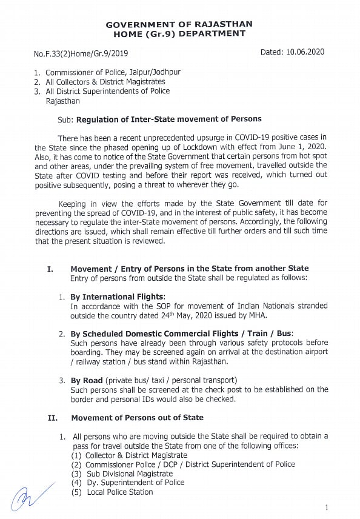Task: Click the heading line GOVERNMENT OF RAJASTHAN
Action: point(179,24)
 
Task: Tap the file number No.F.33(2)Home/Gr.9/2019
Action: point(81,53)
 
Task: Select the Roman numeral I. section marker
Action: point(50,269)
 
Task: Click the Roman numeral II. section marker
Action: point(52,418)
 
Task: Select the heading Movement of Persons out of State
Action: point(137,418)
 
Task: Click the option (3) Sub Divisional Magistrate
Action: point(122,474)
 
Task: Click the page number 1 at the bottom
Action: point(327,507)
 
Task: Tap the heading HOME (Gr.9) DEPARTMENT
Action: point(179,33)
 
